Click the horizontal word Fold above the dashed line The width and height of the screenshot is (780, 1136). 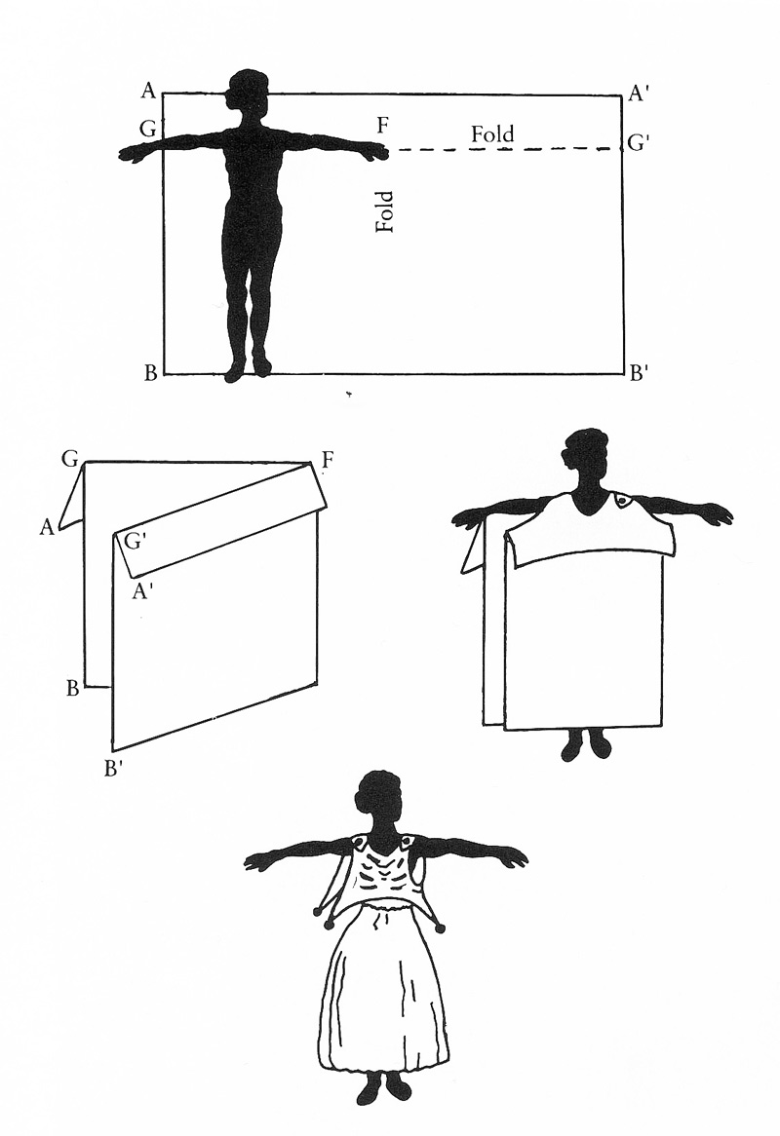tap(492, 134)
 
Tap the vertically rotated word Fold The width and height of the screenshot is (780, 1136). tap(384, 210)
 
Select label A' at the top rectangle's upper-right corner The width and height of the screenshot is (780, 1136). tap(639, 94)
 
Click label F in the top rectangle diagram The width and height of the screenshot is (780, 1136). tap(383, 126)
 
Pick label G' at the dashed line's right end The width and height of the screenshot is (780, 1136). tap(638, 142)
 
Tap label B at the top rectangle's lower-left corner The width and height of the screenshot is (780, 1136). tap(151, 373)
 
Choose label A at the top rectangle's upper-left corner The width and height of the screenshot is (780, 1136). tap(148, 91)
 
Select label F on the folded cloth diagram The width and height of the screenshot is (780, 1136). tap(327, 460)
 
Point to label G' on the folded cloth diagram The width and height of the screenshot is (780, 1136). tap(134, 541)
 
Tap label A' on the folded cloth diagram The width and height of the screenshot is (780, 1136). tap(141, 592)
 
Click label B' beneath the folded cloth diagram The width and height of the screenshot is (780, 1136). tap(111, 767)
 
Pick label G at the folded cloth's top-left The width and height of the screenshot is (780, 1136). tap(70, 459)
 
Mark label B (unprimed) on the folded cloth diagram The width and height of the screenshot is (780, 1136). tap(72, 688)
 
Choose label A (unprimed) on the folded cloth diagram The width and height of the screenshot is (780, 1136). tap(47, 527)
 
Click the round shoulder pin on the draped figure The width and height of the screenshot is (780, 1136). tap(622, 501)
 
